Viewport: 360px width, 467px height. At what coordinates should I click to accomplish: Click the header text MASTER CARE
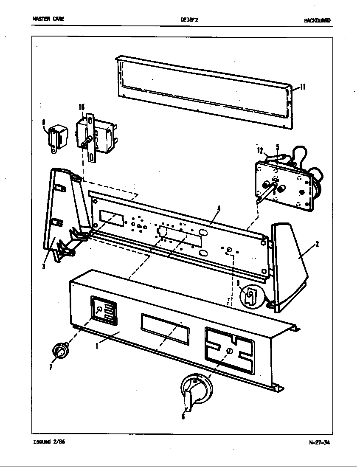[x=48, y=20]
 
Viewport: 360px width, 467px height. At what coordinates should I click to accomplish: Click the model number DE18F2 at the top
[x=187, y=20]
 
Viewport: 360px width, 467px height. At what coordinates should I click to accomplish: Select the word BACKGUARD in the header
[x=317, y=20]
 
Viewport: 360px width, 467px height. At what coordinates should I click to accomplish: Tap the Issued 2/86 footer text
[x=49, y=442]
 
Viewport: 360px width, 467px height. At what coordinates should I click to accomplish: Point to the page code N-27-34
[x=319, y=442]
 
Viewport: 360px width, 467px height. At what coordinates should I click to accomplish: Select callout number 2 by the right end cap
[x=317, y=244]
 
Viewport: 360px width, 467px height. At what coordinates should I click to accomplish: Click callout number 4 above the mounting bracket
[x=219, y=208]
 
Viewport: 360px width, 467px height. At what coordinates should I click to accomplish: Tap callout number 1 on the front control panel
[x=97, y=346]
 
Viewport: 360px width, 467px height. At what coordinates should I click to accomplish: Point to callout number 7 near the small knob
[x=50, y=367]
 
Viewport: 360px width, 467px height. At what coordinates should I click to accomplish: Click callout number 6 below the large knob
[x=183, y=416]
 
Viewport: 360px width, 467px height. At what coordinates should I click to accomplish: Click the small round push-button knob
[x=60, y=352]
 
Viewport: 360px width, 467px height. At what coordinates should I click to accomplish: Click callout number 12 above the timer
[x=260, y=149]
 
